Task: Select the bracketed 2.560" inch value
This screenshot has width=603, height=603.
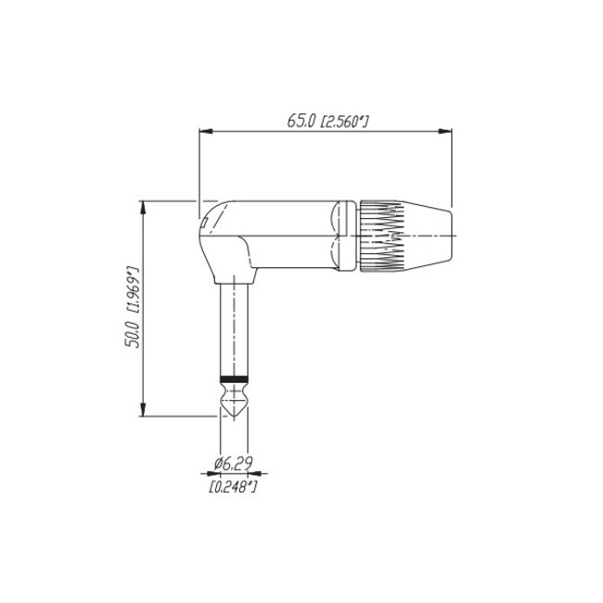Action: (344, 121)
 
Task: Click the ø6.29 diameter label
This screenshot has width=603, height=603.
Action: (233, 462)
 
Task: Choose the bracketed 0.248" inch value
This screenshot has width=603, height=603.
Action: (233, 485)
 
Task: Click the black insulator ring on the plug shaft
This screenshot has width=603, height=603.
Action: (233, 379)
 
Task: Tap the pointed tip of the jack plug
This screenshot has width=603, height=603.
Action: (233, 411)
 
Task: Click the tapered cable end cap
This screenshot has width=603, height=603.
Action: (430, 237)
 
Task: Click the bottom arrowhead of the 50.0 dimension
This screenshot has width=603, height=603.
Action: (144, 415)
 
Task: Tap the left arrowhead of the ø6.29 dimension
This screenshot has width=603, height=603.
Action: (216, 471)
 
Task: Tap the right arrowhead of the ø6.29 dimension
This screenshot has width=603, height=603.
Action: (250, 471)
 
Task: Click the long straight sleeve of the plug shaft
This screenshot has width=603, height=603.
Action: (233, 329)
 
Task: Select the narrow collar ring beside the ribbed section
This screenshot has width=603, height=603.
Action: (346, 237)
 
